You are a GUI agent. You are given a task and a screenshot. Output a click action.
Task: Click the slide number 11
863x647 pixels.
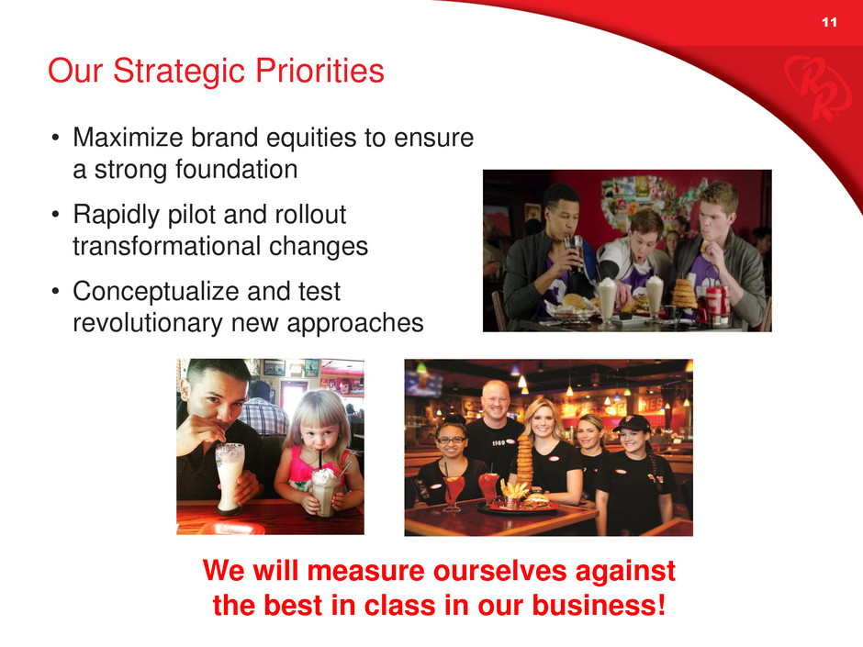click(x=829, y=22)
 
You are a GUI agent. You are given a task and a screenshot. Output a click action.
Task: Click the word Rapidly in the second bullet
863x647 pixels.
click(x=116, y=215)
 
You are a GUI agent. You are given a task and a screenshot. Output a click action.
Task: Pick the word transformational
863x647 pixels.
click(x=166, y=246)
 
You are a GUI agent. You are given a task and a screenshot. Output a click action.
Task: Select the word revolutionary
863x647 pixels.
click(x=148, y=323)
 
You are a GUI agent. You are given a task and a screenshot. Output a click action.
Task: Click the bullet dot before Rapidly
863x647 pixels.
click(x=55, y=215)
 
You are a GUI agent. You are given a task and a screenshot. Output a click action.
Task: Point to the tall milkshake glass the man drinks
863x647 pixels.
click(x=230, y=477)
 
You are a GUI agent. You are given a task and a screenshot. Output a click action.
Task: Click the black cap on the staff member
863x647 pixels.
click(x=632, y=422)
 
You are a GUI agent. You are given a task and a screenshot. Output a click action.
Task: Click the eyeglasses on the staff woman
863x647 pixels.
click(x=451, y=441)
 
